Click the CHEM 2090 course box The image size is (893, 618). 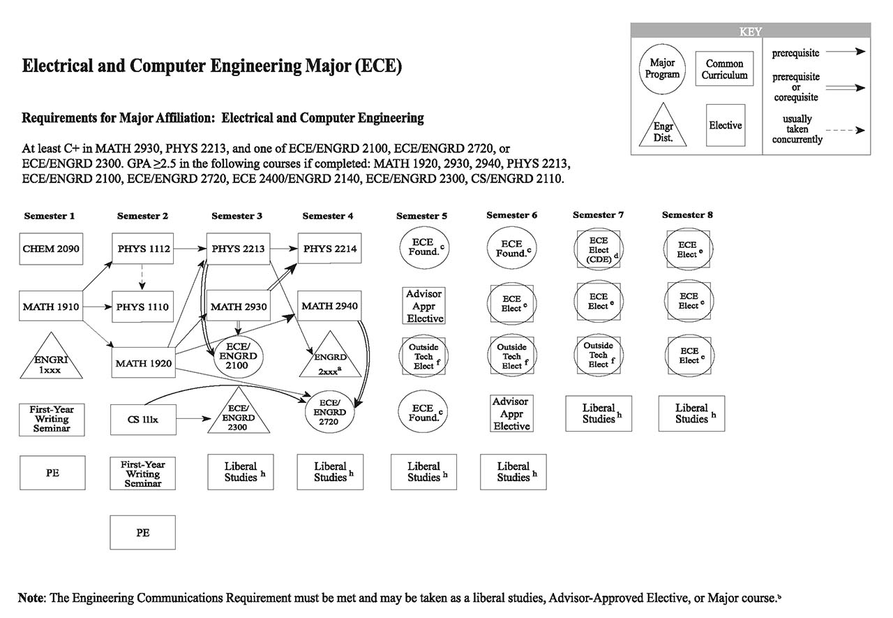click(52, 249)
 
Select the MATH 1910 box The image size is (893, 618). click(52, 307)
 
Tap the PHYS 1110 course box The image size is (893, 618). click(142, 307)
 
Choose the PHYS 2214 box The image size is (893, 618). click(329, 249)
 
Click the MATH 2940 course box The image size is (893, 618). click(329, 307)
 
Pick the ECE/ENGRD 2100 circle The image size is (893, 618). click(238, 356)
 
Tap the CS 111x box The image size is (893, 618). click(142, 420)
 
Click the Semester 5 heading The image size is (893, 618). click(423, 216)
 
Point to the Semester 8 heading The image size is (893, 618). click(687, 215)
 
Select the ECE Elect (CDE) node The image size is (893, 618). click(598, 249)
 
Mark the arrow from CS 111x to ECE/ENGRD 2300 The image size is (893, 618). click(192, 420)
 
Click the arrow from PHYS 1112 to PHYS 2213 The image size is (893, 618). click(190, 249)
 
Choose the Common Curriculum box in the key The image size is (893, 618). click(724, 69)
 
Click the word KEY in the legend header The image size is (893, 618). click(750, 31)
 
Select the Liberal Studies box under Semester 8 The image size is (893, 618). click(691, 413)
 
